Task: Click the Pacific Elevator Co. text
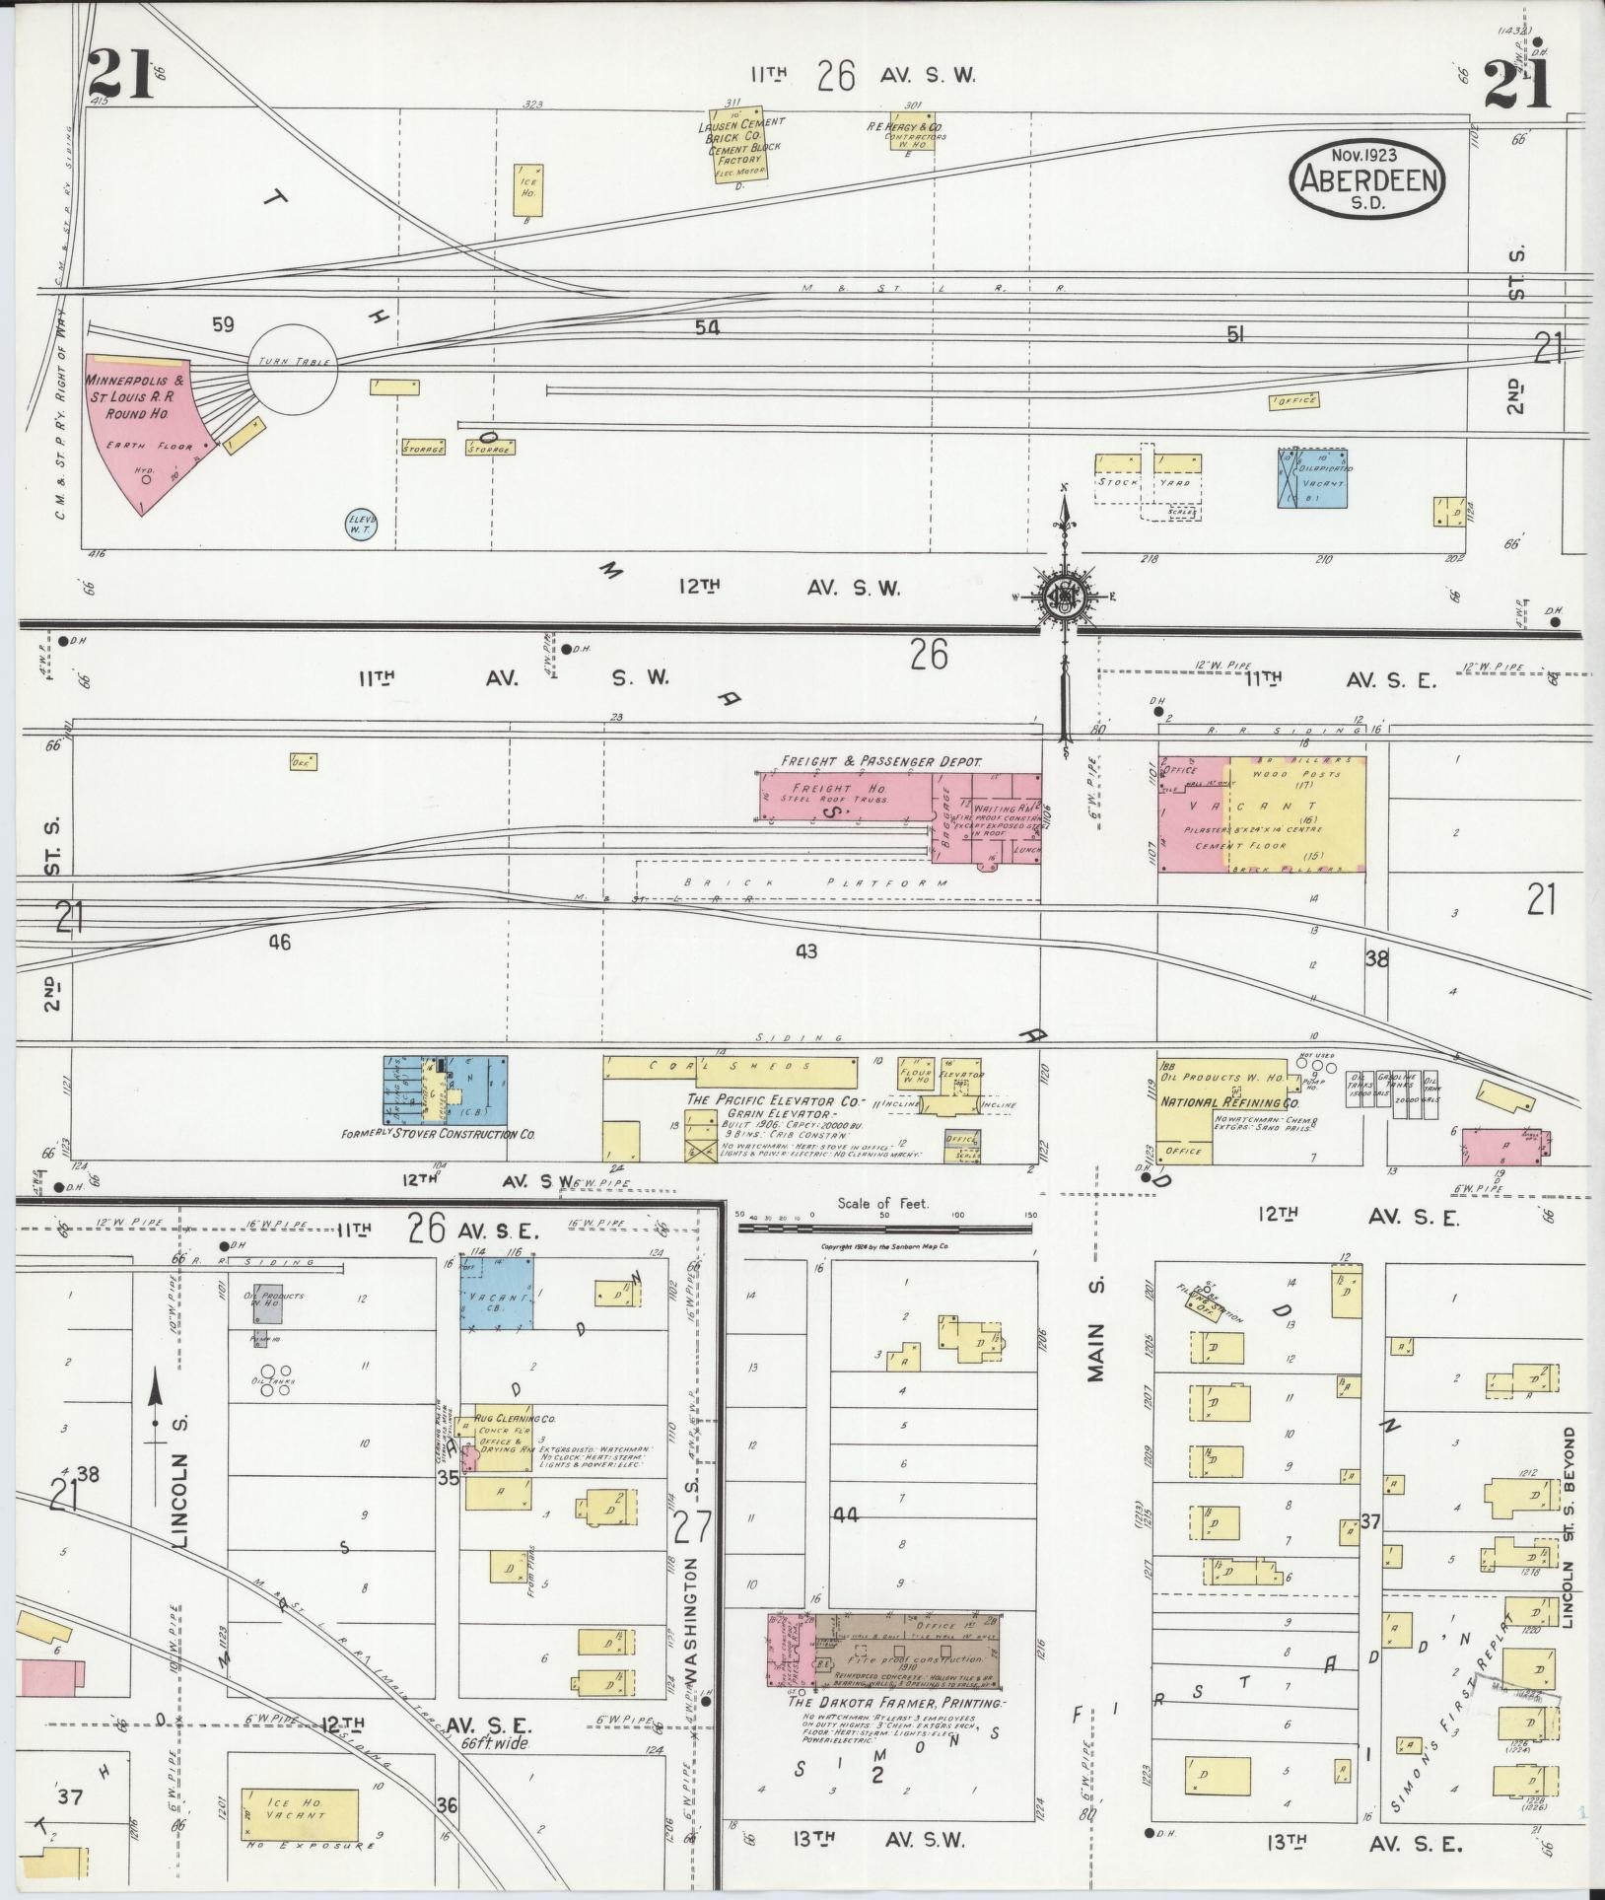[x=777, y=1099]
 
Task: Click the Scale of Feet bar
[x=884, y=1229]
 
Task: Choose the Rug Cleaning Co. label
[x=517, y=1418]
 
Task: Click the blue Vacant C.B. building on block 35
[x=499, y=1292]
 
